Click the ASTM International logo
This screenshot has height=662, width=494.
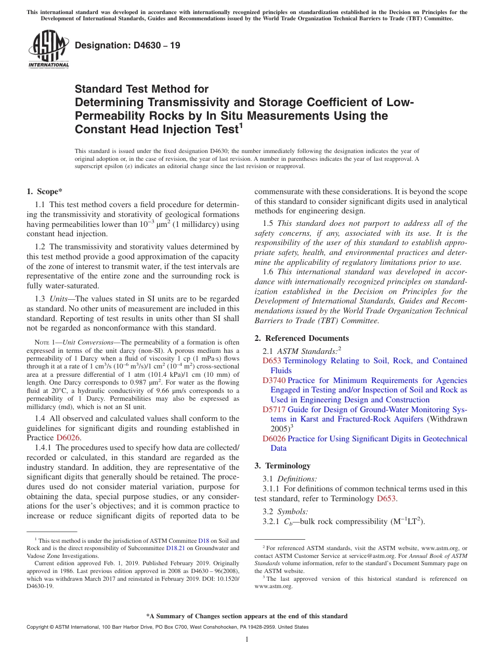[x=48, y=50]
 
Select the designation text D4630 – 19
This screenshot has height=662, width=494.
[x=127, y=45]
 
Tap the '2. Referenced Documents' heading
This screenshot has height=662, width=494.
[x=302, y=338]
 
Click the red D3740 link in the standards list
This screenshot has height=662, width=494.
[x=274, y=380]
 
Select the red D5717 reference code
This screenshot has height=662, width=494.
[x=274, y=410]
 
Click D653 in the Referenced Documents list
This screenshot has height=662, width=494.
[x=271, y=361]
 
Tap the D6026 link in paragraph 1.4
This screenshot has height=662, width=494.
[x=68, y=438]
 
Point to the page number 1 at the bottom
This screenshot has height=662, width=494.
[x=247, y=639]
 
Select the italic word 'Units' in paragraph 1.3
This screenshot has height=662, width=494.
[x=60, y=299]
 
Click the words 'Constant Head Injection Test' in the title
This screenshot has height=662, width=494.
[x=156, y=129]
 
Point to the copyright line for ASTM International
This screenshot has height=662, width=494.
[x=167, y=627]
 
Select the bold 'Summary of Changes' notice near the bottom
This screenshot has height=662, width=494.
[x=246, y=616]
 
